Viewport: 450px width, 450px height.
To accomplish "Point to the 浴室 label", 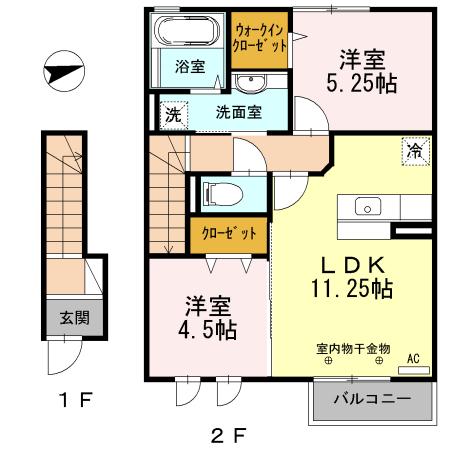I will coord(191,68).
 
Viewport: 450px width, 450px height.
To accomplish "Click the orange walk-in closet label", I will coord(261,39).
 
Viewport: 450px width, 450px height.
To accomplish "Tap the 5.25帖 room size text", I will coord(362,84).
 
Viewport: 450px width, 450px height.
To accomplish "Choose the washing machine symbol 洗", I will coord(174,113).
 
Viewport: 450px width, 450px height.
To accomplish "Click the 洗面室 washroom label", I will coord(239,112).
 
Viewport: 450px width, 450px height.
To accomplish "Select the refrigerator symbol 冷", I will coord(412,151).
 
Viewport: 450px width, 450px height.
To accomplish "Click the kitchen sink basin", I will coord(365,208).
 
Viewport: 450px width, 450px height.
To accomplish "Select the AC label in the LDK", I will coord(412,356).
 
